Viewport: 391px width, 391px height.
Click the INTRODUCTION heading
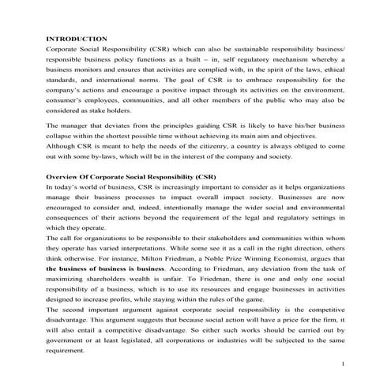(x=77, y=38)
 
